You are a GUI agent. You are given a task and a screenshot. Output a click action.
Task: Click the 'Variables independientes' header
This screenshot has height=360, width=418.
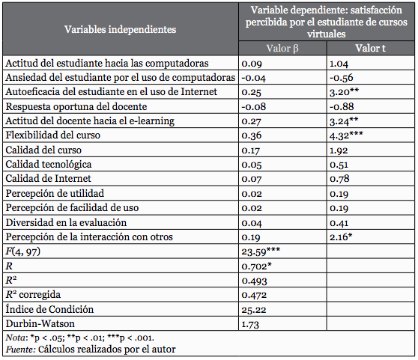point(121,30)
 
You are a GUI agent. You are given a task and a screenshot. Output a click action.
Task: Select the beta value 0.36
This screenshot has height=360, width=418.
point(251,135)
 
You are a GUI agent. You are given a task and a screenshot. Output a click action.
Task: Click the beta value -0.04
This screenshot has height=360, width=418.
point(252,78)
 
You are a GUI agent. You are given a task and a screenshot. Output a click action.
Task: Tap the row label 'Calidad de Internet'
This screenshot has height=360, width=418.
point(48,179)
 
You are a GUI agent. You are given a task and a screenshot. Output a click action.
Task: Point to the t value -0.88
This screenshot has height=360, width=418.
point(341,106)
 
